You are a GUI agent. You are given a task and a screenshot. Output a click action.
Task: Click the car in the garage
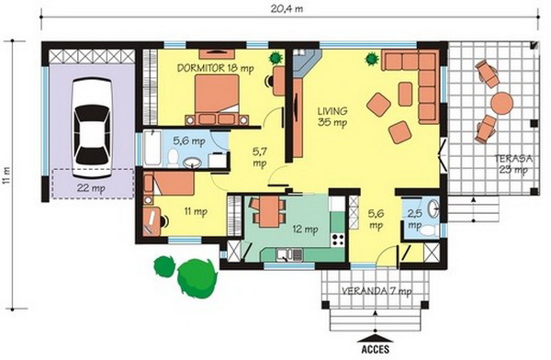tap(92, 128)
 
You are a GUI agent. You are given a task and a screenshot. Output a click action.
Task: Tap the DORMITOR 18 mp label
tap(215, 68)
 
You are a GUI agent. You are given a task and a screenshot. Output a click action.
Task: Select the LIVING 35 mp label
tap(332, 117)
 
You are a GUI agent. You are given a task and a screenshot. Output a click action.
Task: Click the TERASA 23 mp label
tap(513, 163)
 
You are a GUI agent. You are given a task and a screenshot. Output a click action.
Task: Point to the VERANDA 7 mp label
tap(377, 291)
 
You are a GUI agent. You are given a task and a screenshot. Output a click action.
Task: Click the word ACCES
tap(376, 350)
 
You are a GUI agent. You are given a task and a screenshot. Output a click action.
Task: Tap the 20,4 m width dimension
tap(287, 9)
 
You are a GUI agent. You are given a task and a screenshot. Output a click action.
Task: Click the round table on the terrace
tap(501, 104)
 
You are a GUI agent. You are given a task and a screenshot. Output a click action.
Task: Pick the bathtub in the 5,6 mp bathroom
tap(152, 148)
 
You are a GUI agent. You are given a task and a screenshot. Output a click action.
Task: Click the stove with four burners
tap(338, 239)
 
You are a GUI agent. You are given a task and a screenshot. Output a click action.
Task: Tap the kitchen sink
tap(289, 254)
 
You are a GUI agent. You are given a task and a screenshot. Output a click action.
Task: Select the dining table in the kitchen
tap(269, 211)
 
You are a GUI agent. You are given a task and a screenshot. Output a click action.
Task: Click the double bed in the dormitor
tap(217, 100)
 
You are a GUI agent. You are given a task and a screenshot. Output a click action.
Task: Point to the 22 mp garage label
tap(91, 188)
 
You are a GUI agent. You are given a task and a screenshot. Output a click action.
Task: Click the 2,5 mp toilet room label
tap(415, 219)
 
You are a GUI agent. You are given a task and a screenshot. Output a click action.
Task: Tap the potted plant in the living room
tap(372, 59)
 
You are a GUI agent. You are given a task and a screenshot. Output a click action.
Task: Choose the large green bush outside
tap(197, 278)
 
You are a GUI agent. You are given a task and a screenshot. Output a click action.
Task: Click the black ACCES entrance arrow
tap(376, 338)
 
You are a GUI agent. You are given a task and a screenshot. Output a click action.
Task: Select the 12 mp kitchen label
tap(305, 230)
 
